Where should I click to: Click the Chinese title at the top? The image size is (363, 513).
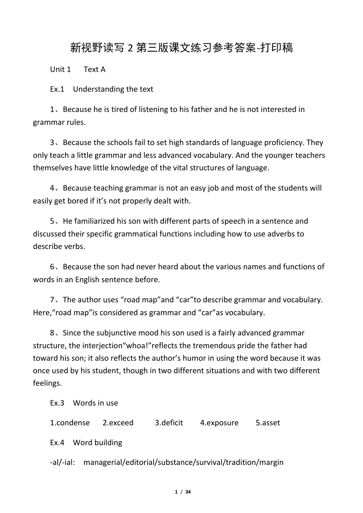(x=181, y=48)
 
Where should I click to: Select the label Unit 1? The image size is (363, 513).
(x=60, y=69)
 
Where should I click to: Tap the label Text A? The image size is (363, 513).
(x=94, y=69)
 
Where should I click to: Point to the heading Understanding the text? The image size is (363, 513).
(x=113, y=89)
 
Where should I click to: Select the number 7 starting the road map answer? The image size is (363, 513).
(x=52, y=300)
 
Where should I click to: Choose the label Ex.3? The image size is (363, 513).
(x=57, y=403)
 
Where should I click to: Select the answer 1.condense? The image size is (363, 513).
(x=70, y=423)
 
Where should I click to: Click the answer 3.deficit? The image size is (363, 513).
(x=169, y=423)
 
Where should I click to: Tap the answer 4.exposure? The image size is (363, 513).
(x=219, y=423)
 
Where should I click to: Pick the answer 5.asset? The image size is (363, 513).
(x=268, y=423)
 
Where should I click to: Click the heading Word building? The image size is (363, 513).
(x=97, y=442)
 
